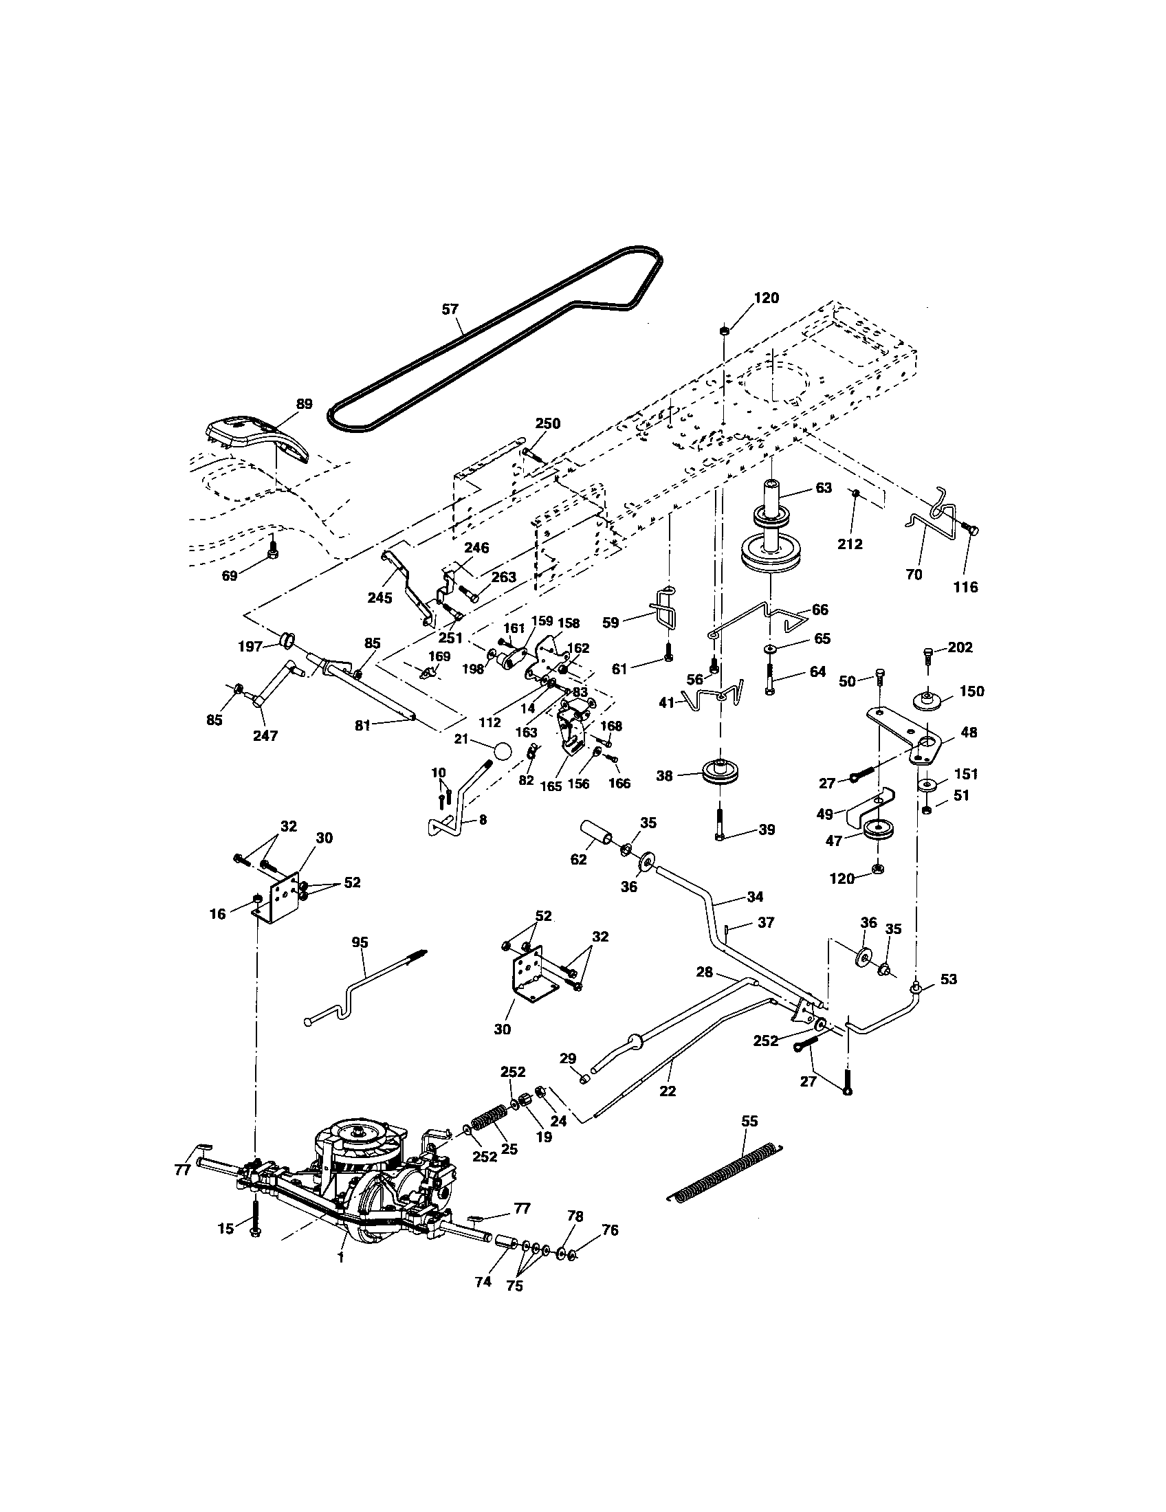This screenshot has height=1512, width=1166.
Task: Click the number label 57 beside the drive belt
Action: point(450,309)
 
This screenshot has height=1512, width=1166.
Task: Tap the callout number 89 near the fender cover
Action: point(304,404)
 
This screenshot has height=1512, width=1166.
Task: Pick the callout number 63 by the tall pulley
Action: point(823,488)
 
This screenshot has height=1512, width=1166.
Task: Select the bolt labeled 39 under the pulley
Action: point(720,824)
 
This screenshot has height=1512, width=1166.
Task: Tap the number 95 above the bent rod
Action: point(360,942)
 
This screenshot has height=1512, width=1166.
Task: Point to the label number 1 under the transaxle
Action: point(340,1259)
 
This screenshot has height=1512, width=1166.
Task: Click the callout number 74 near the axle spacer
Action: point(483,1282)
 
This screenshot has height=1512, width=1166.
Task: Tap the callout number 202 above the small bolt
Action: point(960,647)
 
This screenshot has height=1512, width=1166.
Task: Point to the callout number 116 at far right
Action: point(965,587)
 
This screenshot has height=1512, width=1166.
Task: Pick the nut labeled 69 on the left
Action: point(273,553)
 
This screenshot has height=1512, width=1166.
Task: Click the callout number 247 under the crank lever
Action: point(265,736)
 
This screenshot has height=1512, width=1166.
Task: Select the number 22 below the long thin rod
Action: point(668,1091)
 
